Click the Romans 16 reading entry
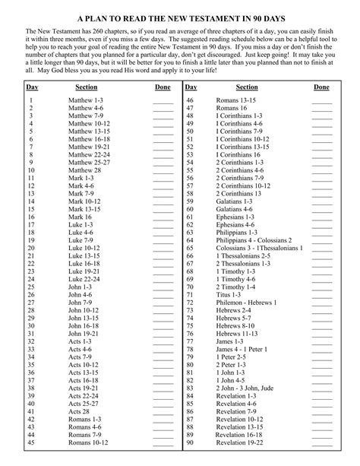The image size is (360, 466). tap(232, 108)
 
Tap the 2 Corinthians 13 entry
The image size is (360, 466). tap(238, 194)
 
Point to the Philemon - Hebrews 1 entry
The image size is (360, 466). tap(246, 303)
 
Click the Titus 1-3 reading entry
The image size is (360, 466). tap(231, 294)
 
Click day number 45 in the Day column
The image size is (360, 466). tap(31, 442)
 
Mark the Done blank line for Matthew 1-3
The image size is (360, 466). tap(163, 100)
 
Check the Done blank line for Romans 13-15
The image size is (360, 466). tap(321, 100)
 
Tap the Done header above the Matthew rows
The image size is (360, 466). tap(163, 88)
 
